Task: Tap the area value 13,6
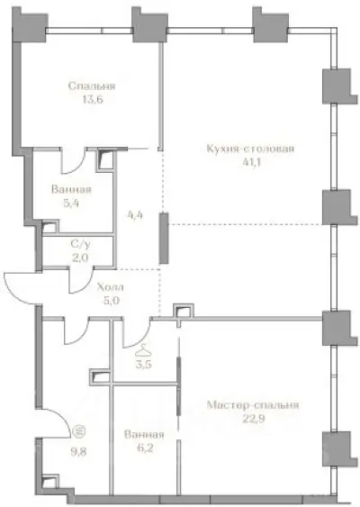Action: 86,100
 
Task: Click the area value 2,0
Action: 79,257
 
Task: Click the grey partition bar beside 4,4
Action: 162,238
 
